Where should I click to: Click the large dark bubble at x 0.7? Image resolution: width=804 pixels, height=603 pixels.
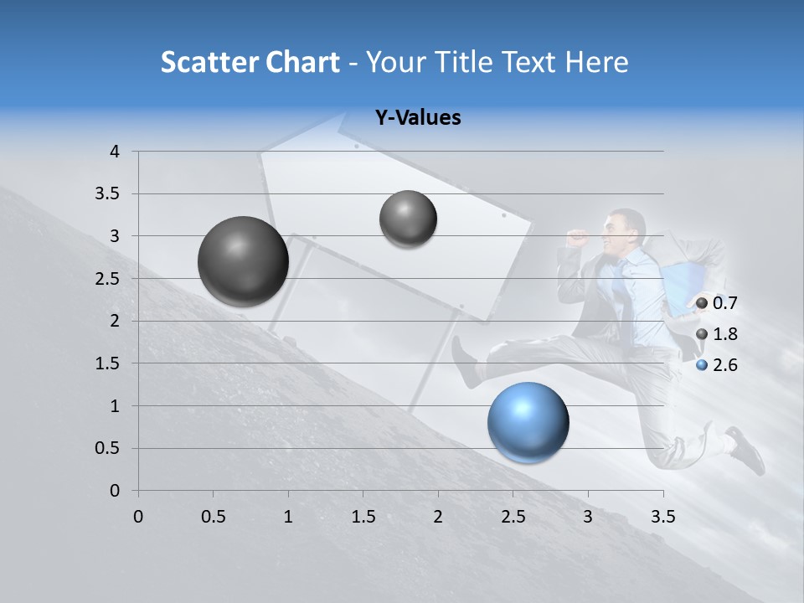243,261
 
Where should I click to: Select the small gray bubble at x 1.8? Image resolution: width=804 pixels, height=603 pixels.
408,219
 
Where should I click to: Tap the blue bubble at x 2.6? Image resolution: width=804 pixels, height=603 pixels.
528,421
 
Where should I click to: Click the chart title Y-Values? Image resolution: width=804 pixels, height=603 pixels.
417,118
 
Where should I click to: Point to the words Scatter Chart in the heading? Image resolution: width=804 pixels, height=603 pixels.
250,62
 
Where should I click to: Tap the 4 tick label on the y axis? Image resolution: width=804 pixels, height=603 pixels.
115,152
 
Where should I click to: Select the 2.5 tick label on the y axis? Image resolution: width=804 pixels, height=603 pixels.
108,279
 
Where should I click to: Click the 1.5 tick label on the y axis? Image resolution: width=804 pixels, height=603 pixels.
108,363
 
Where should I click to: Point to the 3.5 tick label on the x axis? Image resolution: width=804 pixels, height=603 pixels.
662,517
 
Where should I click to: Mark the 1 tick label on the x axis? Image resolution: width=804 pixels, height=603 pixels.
288,517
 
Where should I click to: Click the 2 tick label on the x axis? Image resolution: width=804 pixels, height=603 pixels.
438,517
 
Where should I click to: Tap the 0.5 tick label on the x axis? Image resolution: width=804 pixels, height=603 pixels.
213,517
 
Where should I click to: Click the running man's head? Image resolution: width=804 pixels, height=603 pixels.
627,229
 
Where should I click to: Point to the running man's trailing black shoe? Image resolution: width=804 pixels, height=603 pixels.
747,450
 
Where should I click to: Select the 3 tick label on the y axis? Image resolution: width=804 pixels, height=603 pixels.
115,236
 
